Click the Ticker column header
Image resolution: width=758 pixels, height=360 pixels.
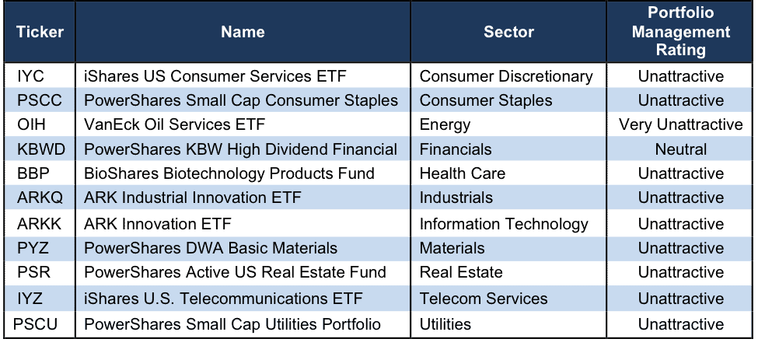pos(40,32)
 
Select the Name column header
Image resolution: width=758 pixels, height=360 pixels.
pos(243,32)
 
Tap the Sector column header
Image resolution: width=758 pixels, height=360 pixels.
pos(508,32)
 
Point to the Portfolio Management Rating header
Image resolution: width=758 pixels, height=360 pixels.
pos(681,31)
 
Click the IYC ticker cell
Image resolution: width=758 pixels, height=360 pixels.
pos(30,76)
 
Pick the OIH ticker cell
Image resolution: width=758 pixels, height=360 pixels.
pos(31,124)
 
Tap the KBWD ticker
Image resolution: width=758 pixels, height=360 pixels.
pos(41,149)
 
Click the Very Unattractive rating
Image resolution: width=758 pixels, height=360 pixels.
pos(681,124)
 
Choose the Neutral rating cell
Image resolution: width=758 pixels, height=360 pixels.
pos(681,149)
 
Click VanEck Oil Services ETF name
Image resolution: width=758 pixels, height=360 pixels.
pos(174,124)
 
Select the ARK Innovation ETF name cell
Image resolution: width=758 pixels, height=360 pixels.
pos(158,224)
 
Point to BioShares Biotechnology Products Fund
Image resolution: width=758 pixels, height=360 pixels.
pos(229,173)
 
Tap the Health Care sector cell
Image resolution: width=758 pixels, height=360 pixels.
pos(462,173)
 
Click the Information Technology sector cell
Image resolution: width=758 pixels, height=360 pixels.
pos(504,224)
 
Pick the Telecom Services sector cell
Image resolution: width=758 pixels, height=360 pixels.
pos(484,299)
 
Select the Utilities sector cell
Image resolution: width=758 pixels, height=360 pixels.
pos(445,323)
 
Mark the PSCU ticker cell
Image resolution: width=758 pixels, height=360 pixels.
pos(35,323)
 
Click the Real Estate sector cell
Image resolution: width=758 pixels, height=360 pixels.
pos(461,272)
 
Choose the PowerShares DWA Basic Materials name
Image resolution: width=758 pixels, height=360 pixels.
pos(211,248)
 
